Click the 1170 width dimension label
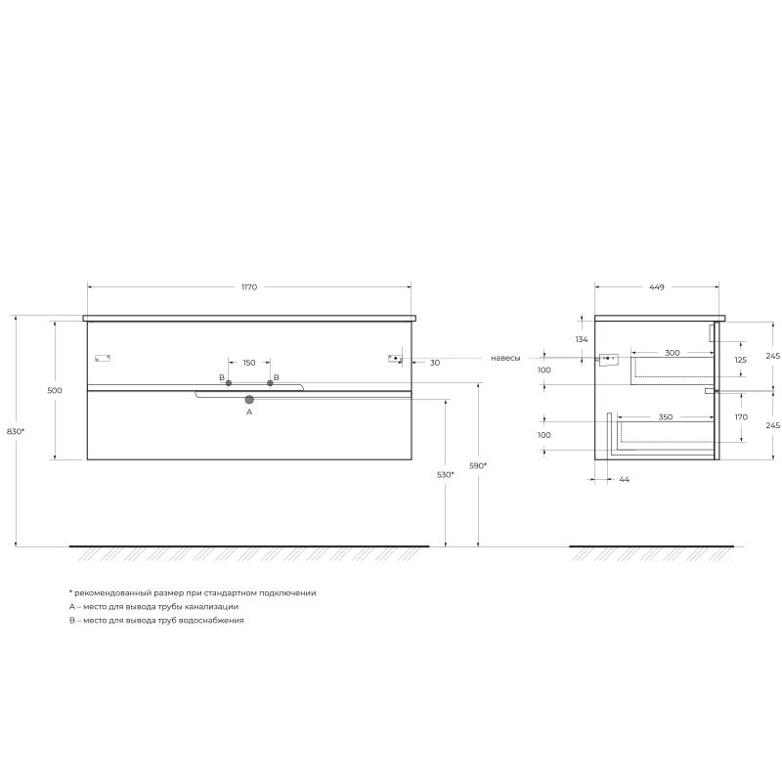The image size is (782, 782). [x=249, y=287]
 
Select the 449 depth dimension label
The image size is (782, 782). [x=656, y=287]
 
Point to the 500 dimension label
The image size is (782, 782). [x=55, y=390]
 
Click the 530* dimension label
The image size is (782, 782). [x=445, y=474]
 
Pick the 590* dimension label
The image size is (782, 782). [x=478, y=466]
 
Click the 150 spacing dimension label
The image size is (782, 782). [x=249, y=363]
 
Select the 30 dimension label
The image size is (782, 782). [x=434, y=363]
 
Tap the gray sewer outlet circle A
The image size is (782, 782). [x=249, y=399]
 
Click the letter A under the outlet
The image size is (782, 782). [x=249, y=413]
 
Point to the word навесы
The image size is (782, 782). [x=505, y=359]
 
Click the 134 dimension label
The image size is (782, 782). [x=582, y=339]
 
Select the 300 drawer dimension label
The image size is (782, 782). [x=672, y=352]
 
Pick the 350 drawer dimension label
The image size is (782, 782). [x=665, y=417]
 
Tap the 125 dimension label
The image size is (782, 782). [x=740, y=360]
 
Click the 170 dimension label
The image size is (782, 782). [x=740, y=417]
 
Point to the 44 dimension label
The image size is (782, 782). [x=625, y=480]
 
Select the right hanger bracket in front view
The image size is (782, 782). [x=395, y=359]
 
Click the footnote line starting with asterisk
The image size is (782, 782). [x=193, y=593]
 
